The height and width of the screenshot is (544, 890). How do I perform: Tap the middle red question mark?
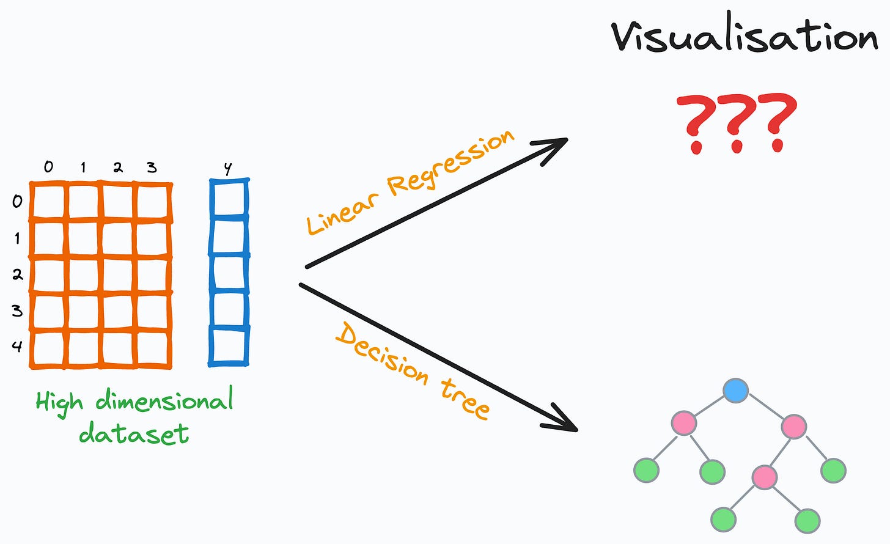pos(736,123)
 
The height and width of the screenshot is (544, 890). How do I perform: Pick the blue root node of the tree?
pos(735,391)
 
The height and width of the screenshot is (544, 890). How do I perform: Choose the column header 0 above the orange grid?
pos(48,166)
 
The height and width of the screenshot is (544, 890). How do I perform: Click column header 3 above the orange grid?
pos(152,166)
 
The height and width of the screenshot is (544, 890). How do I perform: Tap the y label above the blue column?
pos(228,168)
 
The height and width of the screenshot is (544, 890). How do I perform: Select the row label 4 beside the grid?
pos(17,347)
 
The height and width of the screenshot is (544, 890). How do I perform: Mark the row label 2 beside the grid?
pos(17,274)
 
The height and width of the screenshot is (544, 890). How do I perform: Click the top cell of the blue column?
pos(229,199)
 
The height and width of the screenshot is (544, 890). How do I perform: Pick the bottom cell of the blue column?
pos(229,347)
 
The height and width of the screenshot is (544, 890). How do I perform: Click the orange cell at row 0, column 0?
pos(49,201)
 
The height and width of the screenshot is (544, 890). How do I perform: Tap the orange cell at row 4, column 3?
pos(153,349)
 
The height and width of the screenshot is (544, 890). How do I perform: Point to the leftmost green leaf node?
pos(647,470)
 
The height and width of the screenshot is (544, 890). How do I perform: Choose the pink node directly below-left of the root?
pos(683,423)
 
